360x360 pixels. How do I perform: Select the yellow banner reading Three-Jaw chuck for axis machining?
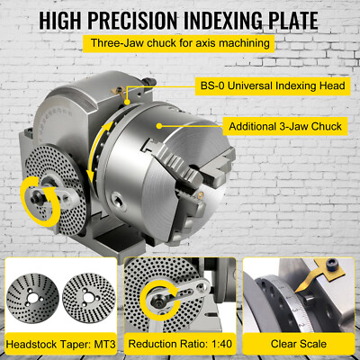(180, 41)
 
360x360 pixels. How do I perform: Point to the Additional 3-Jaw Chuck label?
(285, 126)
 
